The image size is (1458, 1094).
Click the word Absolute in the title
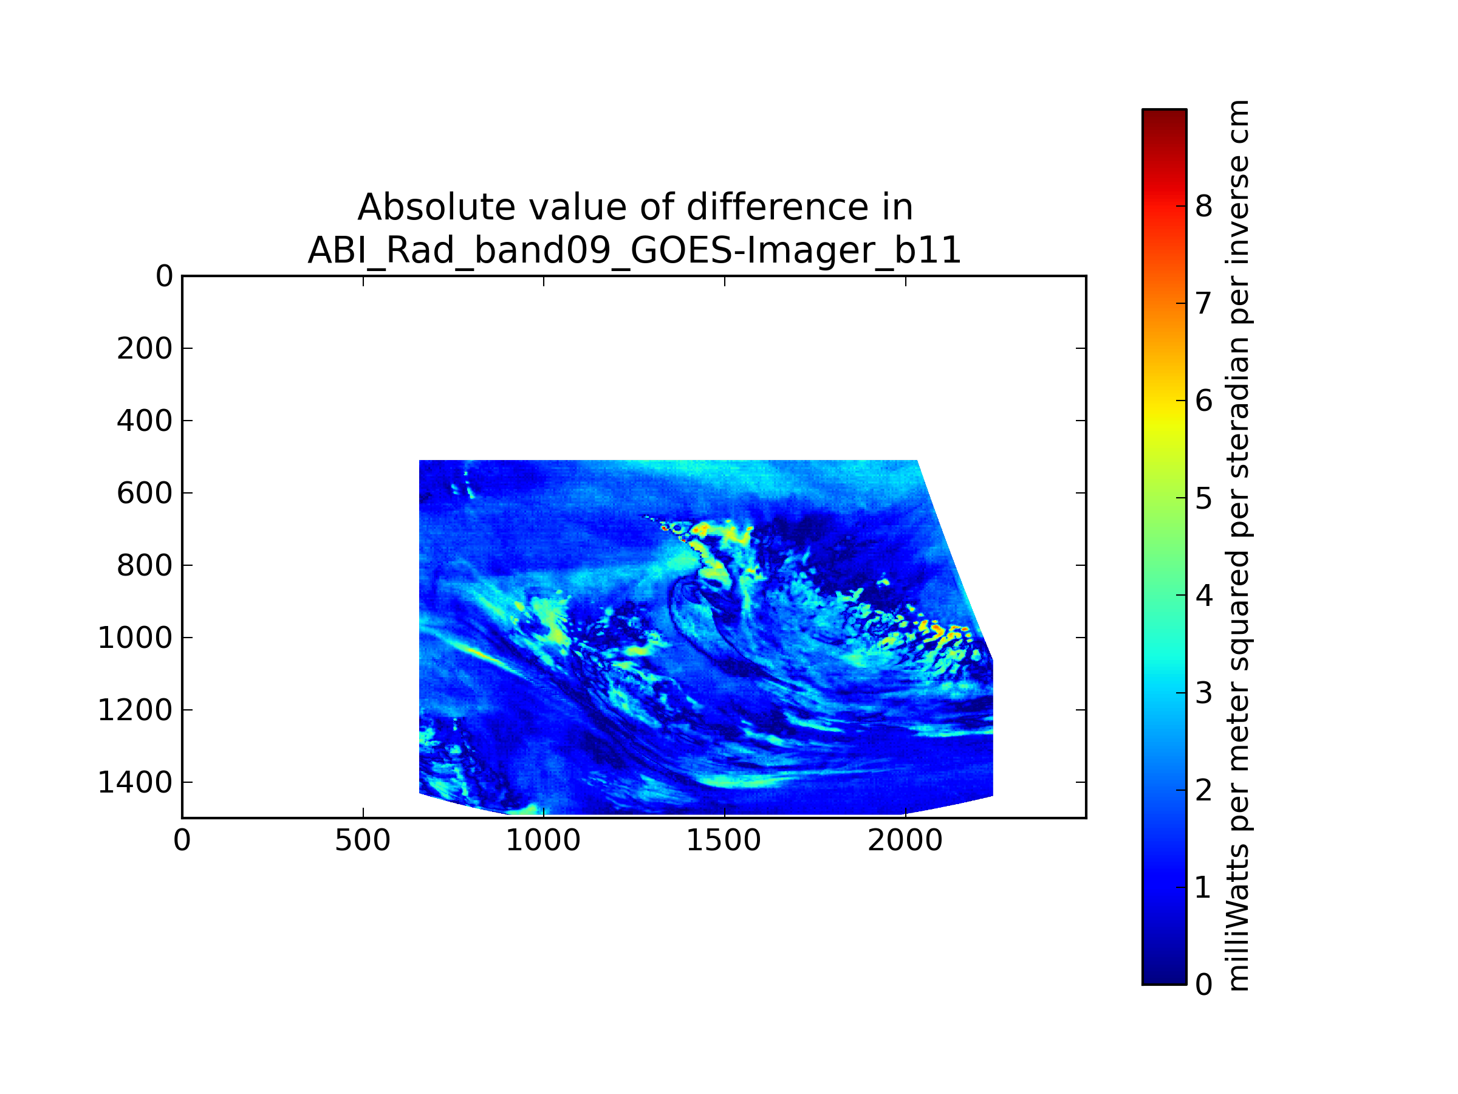[436, 208]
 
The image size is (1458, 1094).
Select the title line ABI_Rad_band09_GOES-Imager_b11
[634, 250]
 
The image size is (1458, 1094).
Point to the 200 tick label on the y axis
[145, 349]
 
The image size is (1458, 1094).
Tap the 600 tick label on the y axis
[145, 494]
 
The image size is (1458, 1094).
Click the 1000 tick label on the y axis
[135, 638]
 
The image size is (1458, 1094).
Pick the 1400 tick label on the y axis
[135, 783]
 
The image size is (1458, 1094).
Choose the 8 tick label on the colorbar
[1203, 207]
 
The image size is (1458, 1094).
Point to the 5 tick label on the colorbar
[1203, 498]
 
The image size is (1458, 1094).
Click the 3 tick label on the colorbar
[1203, 693]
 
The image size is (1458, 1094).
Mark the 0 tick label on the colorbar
[1203, 985]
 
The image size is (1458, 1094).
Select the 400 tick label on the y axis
[145, 421]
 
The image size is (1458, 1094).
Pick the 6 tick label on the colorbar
[1203, 401]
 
